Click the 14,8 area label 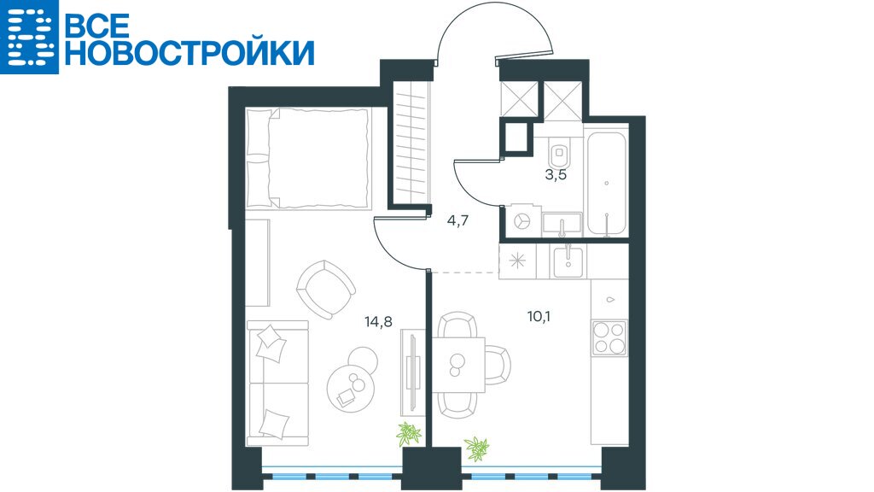[x=378, y=321]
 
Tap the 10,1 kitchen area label [x=539, y=317]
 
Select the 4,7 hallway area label [x=457, y=220]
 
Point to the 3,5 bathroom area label [x=556, y=174]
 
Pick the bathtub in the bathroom [x=606, y=184]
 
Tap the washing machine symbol [x=522, y=221]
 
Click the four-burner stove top [x=609, y=338]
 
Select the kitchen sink [x=568, y=262]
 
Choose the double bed [x=308, y=159]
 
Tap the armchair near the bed [x=326, y=289]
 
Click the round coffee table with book [x=350, y=387]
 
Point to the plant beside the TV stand [x=409, y=433]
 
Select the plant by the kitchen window [x=476, y=448]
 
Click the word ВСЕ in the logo [x=98, y=24]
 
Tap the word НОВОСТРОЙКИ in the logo [x=190, y=54]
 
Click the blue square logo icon [x=29, y=37]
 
